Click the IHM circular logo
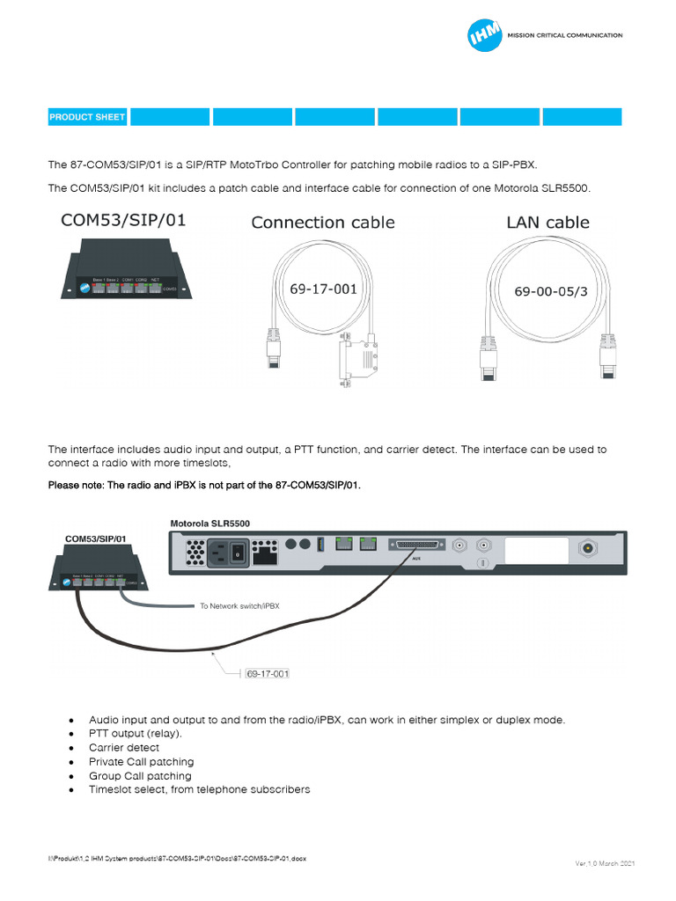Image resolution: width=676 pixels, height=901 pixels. tap(484, 36)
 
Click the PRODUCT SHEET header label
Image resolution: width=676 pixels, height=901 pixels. tap(87, 117)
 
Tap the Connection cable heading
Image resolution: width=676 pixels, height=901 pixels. tap(323, 223)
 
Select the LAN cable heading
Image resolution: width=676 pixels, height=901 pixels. tap(547, 223)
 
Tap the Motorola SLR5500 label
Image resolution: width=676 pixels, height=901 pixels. tap(209, 523)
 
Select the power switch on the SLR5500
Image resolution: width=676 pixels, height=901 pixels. tap(236, 553)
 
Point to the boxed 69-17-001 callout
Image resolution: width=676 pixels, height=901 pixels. tap(268, 674)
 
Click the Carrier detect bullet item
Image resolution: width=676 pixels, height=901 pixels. tap(124, 748)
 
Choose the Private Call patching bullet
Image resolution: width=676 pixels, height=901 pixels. tap(141, 762)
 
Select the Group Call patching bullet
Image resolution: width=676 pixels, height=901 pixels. tap(140, 776)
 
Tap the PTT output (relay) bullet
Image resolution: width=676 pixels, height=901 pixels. tap(135, 734)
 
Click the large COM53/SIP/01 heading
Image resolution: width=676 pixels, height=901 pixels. tap(122, 220)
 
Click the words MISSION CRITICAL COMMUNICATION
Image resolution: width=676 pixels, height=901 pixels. tap(564, 36)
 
